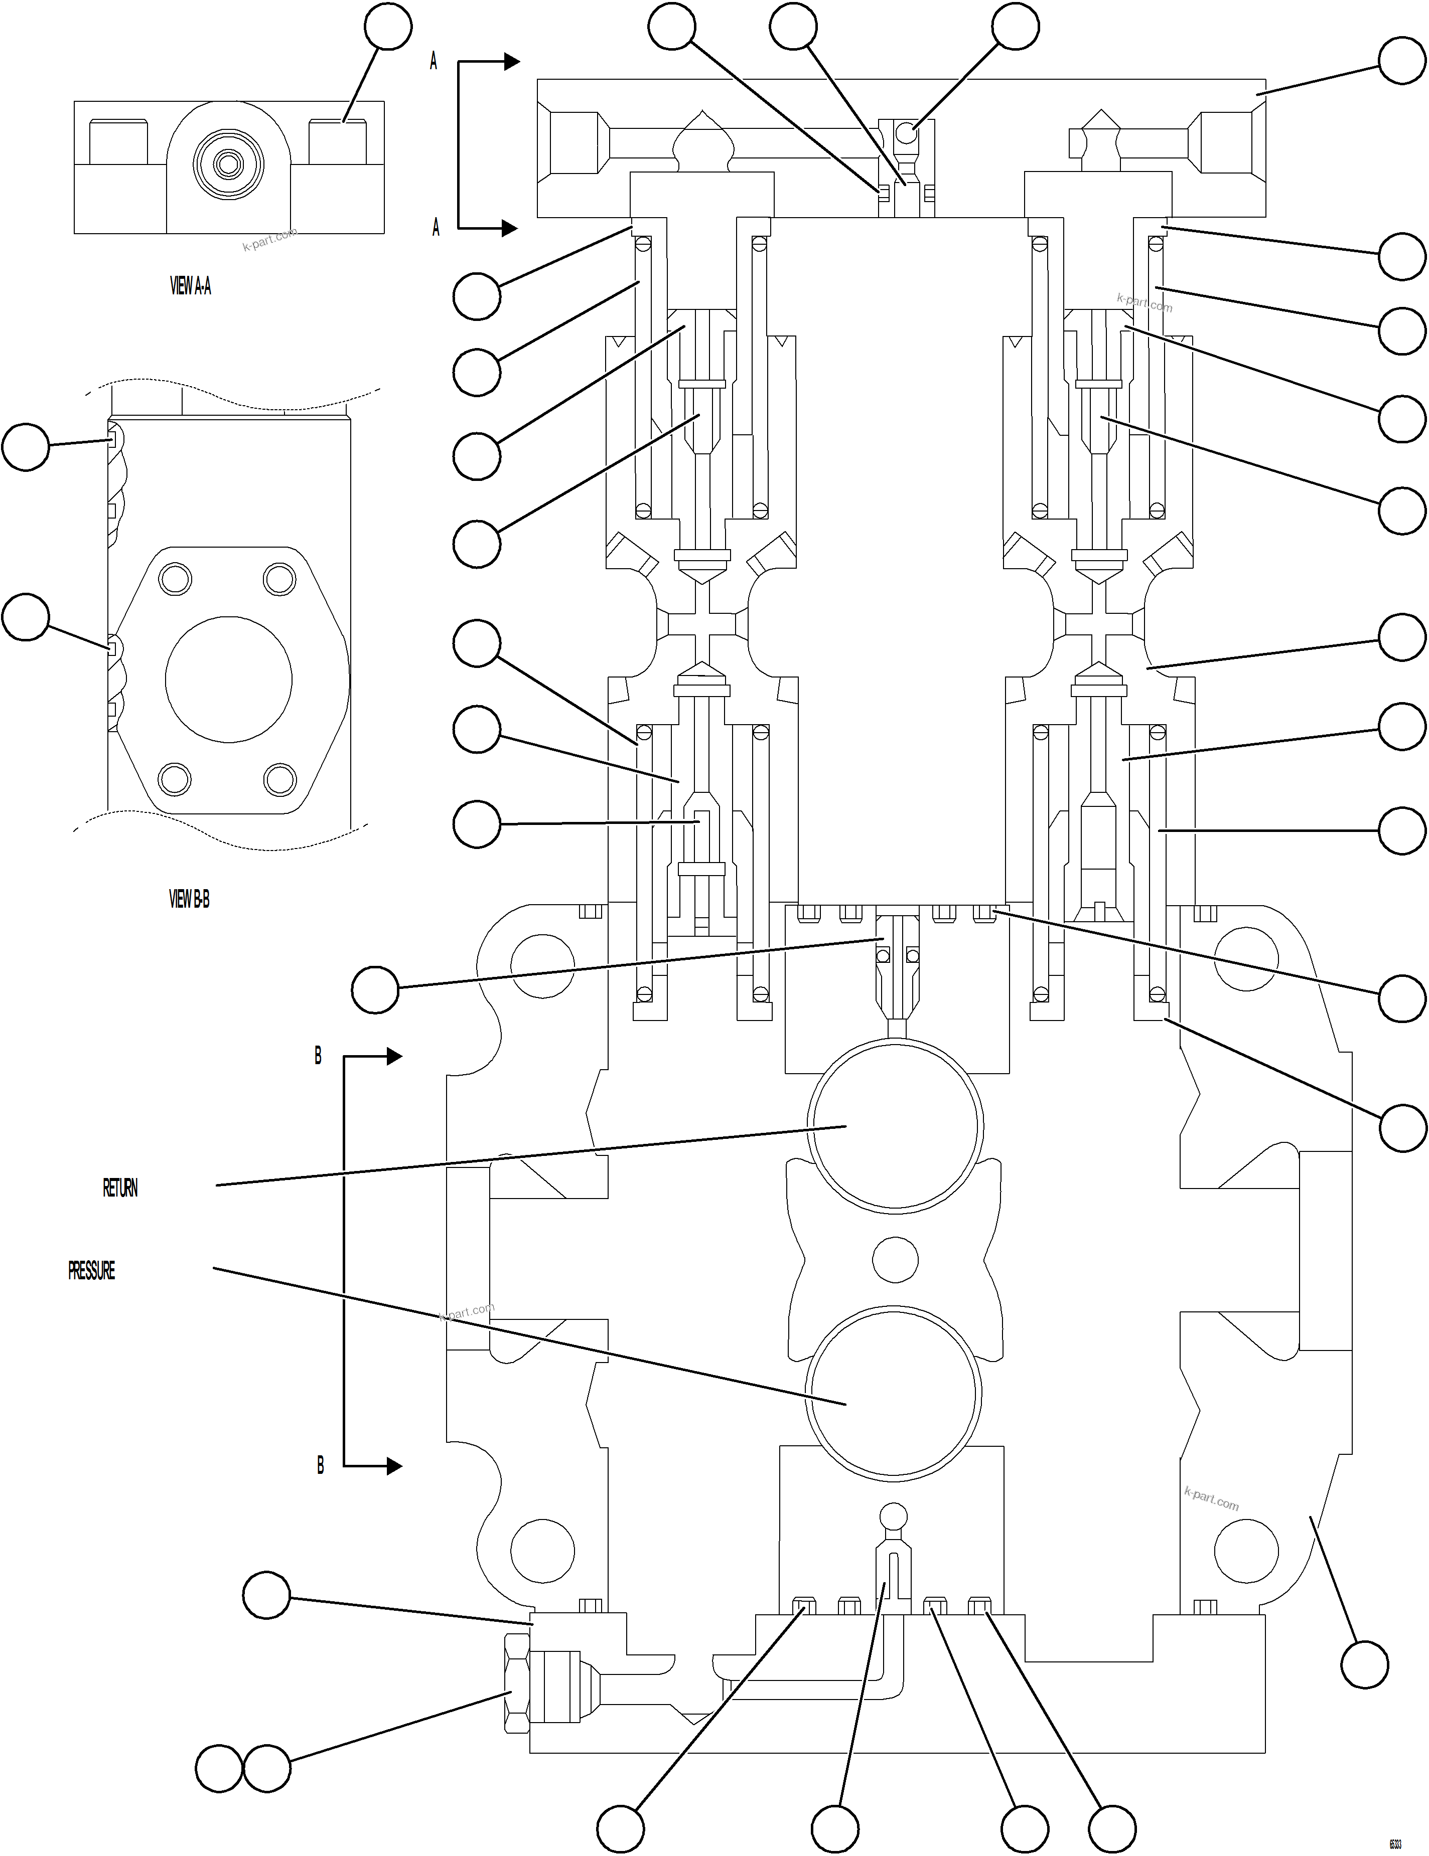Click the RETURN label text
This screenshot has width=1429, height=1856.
pos(120,1188)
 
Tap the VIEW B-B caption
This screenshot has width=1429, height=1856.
pos(189,899)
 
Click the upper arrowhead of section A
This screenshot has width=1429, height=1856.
pos(511,61)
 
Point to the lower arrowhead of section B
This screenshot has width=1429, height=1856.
pos(393,1466)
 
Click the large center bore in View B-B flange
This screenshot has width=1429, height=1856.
pos(229,680)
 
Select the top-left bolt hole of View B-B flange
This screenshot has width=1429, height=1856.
pos(175,580)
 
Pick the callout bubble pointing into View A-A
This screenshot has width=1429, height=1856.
pos(388,27)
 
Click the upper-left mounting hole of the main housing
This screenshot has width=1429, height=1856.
pos(541,966)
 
